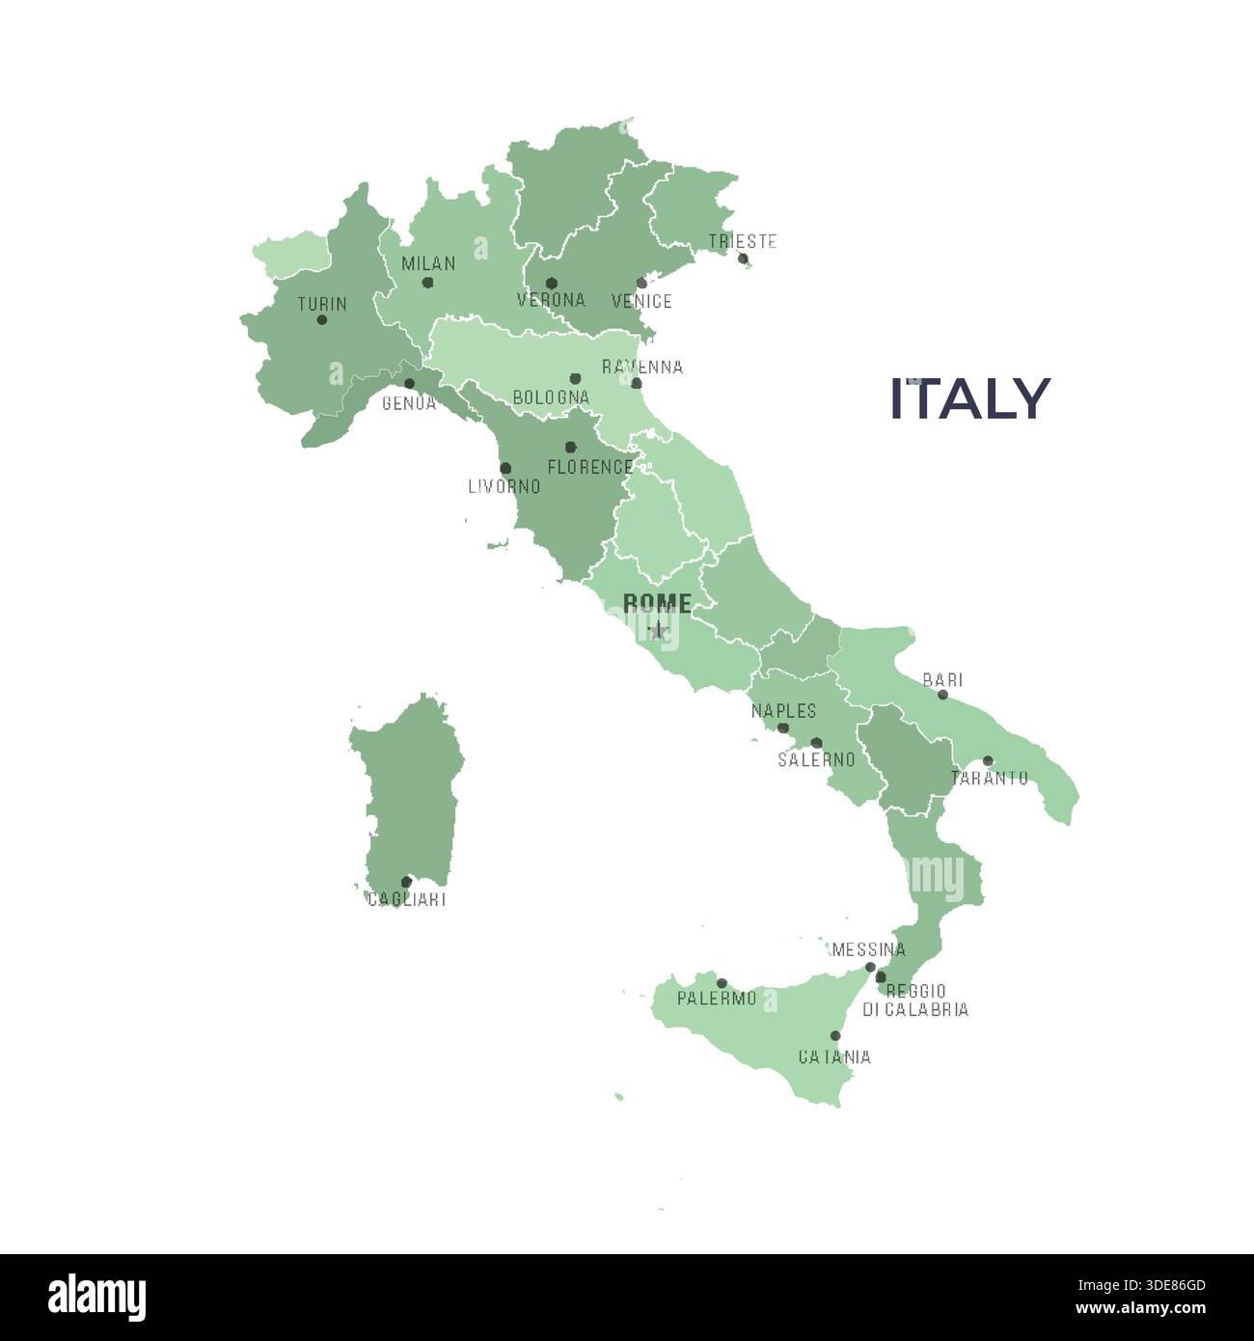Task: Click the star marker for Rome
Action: click(658, 631)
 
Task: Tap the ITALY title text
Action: click(968, 398)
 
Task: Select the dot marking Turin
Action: click(321, 320)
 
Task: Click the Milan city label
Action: click(428, 263)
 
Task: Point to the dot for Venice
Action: click(641, 283)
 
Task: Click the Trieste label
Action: click(742, 241)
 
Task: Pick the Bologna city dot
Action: click(575, 378)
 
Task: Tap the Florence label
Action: click(589, 467)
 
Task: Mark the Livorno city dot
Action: click(505, 468)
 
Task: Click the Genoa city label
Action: click(409, 403)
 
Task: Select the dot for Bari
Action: click(942, 695)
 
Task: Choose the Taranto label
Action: click(989, 778)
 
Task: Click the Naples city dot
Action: click(783, 728)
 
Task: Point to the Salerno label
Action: click(816, 759)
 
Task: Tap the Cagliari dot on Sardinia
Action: click(406, 882)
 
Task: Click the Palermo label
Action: click(717, 999)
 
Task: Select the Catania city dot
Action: click(835, 1036)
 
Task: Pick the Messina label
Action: click(868, 950)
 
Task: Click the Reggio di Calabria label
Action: click(915, 999)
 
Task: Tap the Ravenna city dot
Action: click(636, 383)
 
